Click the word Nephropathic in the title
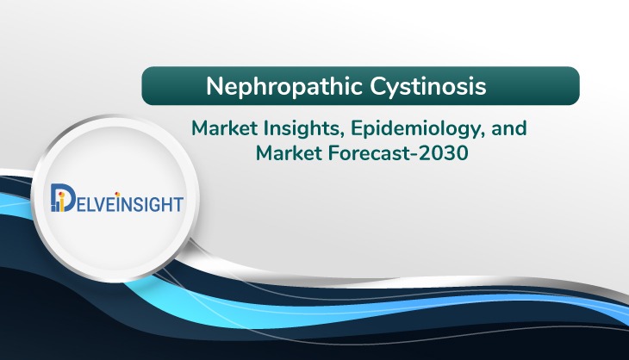point(284,87)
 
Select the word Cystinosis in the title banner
point(428,87)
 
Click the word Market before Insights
point(224,128)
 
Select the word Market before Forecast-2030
point(289,153)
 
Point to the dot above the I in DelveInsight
point(117,195)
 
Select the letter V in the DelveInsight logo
point(99,204)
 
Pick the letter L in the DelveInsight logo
point(88,204)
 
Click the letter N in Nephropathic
point(215,86)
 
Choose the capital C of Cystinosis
point(378,86)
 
